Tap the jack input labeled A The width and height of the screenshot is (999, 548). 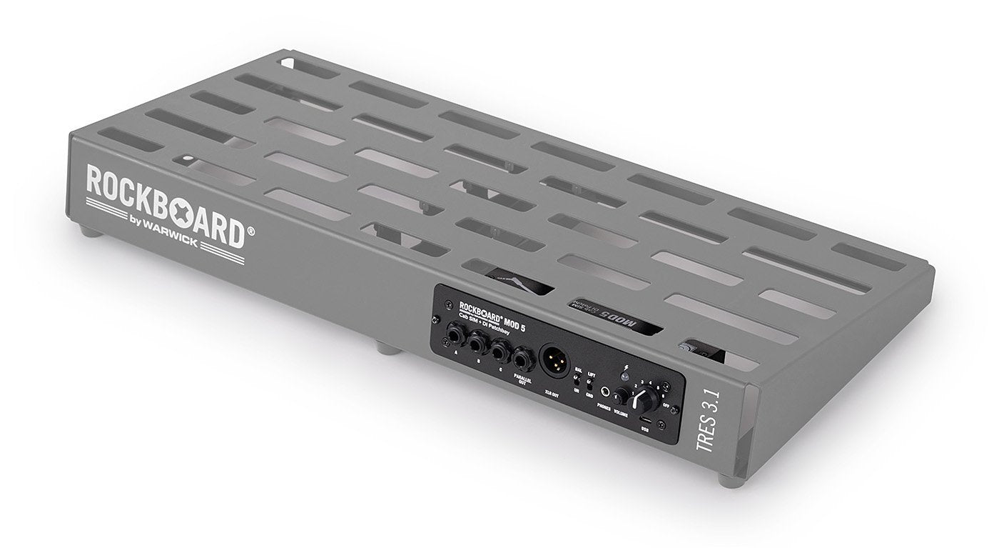454,334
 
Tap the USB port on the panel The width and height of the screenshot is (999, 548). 644,419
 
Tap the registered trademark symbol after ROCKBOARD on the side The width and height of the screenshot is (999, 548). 250,230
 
